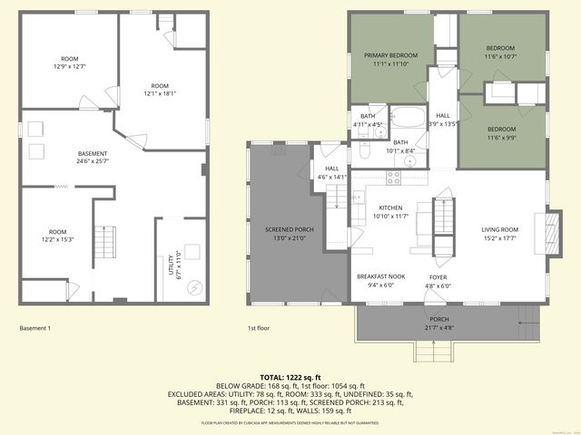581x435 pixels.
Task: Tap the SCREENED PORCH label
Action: tap(290, 234)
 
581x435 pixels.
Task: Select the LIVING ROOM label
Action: tap(499, 234)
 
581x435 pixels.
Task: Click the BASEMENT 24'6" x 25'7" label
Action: tap(93, 158)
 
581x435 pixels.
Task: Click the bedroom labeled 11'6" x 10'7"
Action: tap(500, 53)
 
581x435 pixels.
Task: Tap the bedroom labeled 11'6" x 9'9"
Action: tap(500, 133)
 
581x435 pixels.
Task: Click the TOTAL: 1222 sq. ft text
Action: tap(290, 377)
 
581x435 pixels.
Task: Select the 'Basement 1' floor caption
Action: tap(35, 328)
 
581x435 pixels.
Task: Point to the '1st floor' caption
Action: tap(259, 328)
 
